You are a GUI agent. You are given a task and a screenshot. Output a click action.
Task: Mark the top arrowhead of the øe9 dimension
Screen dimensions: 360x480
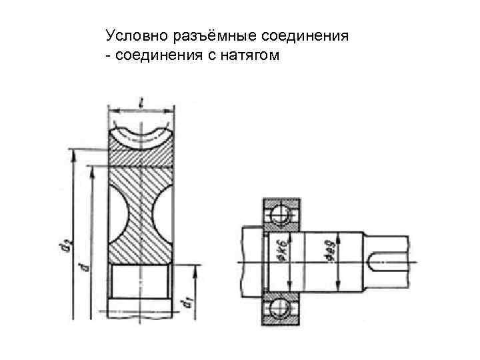[339, 233]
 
